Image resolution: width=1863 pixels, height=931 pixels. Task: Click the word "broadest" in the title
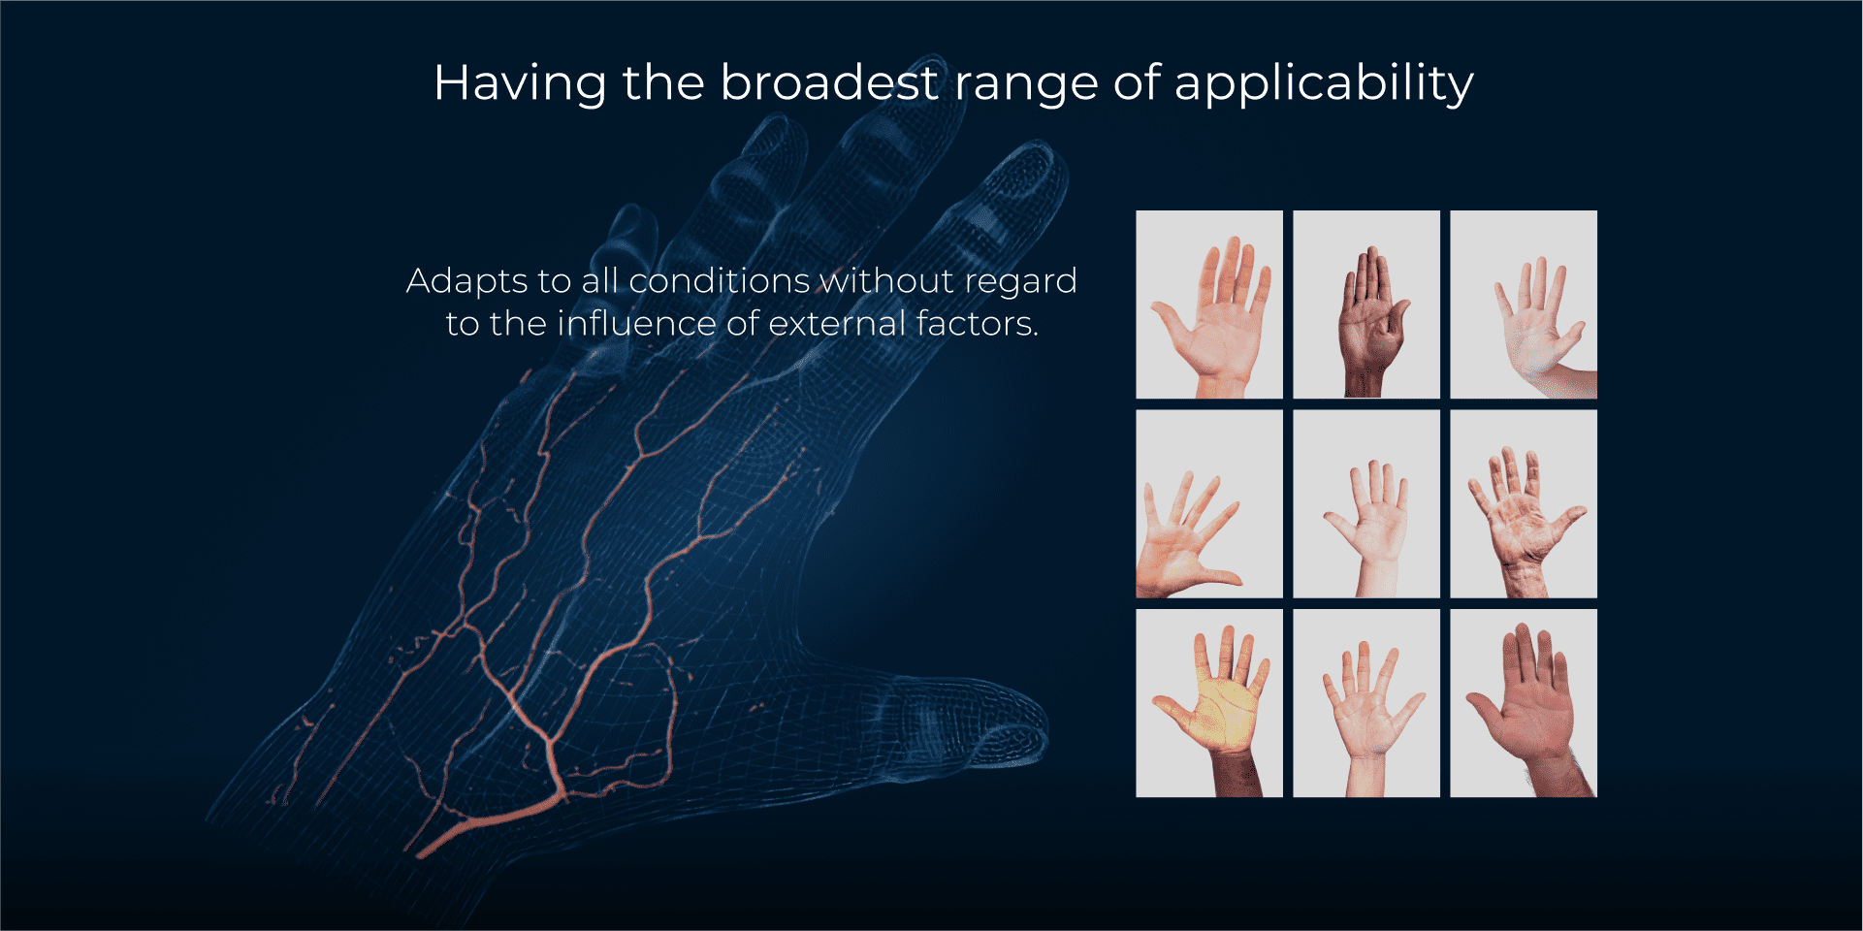[x=829, y=82]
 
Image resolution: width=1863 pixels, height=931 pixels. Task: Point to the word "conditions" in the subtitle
[x=719, y=280]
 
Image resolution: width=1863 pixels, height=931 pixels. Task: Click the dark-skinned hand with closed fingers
[x=1366, y=305]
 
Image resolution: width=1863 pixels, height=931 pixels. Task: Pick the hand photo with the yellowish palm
[x=1209, y=703]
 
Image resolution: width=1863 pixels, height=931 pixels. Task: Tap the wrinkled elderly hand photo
[x=1524, y=503]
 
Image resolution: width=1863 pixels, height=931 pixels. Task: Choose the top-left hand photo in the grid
[x=1209, y=305]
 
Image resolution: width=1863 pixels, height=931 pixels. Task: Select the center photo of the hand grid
[x=1366, y=503]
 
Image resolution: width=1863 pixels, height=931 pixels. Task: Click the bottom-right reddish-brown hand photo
[x=1524, y=703]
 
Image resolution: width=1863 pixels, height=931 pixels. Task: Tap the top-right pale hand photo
[x=1524, y=305]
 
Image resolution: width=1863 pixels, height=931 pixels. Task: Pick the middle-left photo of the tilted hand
[x=1209, y=503]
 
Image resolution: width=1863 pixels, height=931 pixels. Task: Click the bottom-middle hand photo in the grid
[x=1366, y=703]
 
